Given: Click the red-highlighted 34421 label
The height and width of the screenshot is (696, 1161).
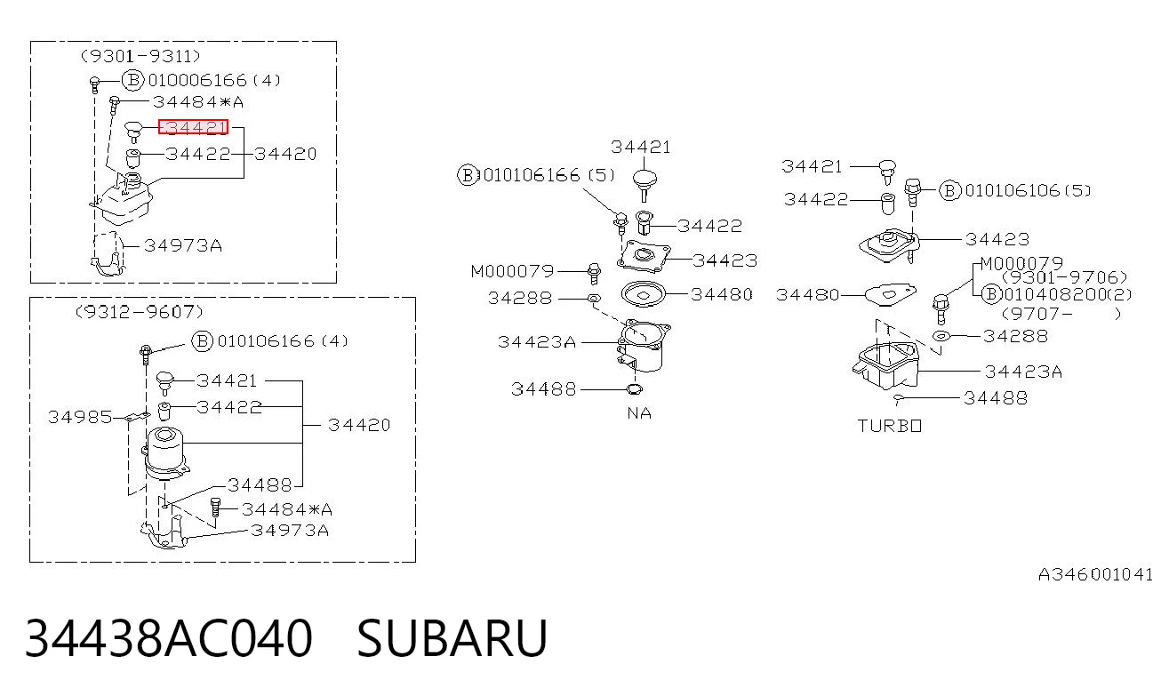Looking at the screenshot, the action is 193,127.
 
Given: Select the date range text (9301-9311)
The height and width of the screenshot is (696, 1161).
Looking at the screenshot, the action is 140,55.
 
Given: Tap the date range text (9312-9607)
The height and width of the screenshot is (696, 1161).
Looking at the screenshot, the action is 140,311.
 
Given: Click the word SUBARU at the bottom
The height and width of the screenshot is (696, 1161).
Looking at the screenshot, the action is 452,638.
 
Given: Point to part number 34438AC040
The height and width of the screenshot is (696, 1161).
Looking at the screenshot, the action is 169,638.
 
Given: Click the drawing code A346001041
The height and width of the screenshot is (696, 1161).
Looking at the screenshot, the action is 1095,574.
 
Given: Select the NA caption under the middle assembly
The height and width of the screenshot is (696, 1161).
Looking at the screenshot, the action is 639,413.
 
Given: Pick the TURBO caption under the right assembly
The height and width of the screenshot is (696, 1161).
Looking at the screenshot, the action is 889,426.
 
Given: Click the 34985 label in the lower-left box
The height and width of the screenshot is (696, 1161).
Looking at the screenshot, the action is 80,417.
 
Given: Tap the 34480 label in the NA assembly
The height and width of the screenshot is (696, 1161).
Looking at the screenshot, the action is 722,294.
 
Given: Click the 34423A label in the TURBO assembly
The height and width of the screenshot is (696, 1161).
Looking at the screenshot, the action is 1023,372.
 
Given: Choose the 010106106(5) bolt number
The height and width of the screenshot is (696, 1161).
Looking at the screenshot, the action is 1028,191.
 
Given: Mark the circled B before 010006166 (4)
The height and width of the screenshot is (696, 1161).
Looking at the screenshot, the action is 132,80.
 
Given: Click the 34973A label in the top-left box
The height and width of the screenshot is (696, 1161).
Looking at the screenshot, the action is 183,245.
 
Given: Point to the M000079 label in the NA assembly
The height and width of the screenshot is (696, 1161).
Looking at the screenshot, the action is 512,271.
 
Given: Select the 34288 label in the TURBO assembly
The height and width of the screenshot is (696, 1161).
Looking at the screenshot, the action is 1015,336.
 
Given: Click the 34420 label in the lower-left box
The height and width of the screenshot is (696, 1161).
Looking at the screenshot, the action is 358,425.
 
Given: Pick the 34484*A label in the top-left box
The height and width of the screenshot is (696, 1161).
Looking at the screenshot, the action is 198,101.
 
